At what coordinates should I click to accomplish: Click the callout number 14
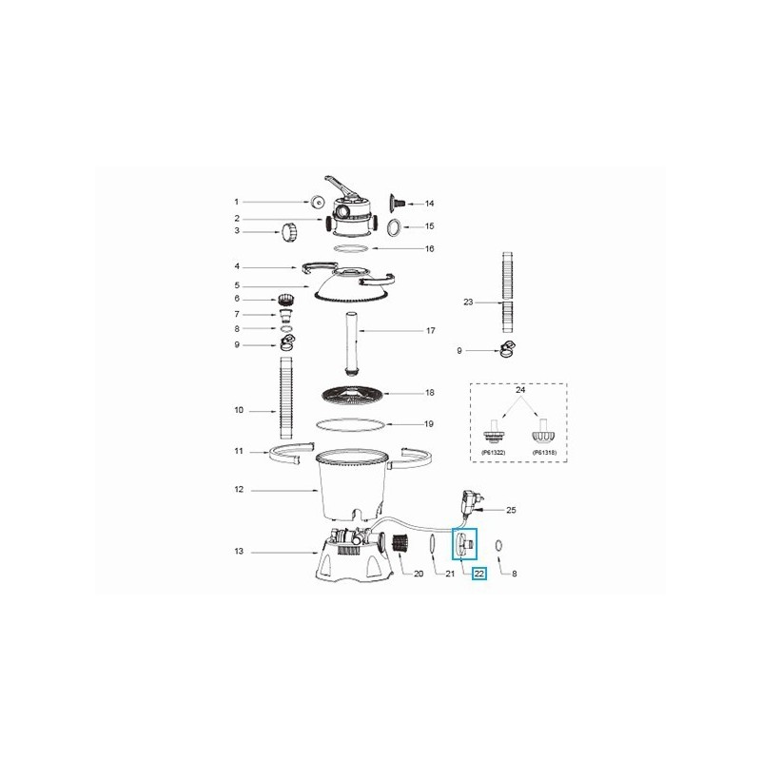pos(429,204)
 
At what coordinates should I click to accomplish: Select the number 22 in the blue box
pos(479,574)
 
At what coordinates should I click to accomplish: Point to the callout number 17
pos(430,331)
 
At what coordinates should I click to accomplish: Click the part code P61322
pos(493,453)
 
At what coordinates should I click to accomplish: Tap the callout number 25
pos(511,510)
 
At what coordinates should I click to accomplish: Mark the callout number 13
pos(238,551)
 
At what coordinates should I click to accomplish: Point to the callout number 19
pos(430,423)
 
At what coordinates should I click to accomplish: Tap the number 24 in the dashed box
pos(518,390)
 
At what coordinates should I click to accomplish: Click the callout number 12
pos(238,490)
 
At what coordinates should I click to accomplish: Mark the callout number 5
pos(238,286)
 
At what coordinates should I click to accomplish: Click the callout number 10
pos(238,410)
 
